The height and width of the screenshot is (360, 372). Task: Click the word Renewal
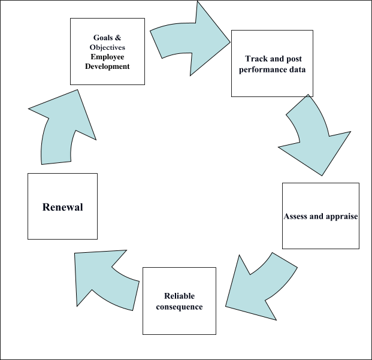62,207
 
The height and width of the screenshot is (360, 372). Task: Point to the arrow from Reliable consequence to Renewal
108,277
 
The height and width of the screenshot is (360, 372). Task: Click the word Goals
102,37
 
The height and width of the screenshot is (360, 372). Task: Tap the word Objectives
107,47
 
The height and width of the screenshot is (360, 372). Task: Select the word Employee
107,56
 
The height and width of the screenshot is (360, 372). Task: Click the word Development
108,66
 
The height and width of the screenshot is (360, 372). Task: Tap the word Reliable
180,297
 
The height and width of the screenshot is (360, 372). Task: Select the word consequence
179,307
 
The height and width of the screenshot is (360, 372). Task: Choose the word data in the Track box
297,69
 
